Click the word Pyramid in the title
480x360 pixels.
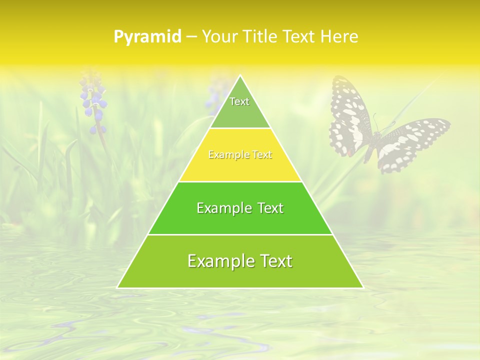(147, 37)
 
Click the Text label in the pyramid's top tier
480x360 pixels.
(239, 101)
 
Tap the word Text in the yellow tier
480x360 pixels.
(262, 155)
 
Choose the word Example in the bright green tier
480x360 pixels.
(222, 208)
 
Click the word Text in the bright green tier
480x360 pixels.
(270, 208)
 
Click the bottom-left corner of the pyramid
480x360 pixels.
(118, 287)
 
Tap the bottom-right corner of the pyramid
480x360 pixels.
(362, 287)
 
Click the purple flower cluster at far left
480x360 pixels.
(93, 102)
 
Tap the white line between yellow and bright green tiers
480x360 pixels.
(240, 181)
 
